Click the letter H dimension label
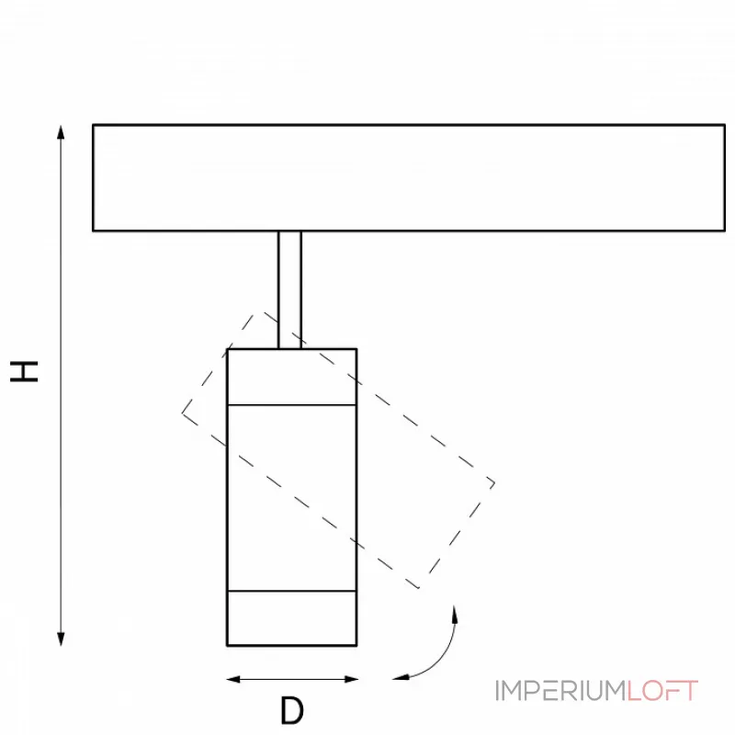(24, 372)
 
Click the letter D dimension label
(292, 710)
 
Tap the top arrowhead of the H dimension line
(61, 132)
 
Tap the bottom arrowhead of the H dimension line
(61, 639)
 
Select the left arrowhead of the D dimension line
(233, 679)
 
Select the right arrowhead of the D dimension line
(351, 679)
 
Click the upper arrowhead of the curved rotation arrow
(454, 614)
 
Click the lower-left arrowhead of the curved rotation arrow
(401, 677)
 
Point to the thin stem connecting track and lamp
(289, 289)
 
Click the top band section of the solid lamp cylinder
(292, 377)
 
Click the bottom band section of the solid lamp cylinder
(292, 618)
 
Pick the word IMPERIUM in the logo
(560, 691)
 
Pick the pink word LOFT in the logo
(662, 691)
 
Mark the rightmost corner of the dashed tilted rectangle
(495, 483)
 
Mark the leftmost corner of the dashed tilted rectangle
(182, 413)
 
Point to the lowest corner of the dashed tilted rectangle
(419, 588)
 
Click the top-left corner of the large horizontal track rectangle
(94, 125)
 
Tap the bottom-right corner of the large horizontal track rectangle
(725, 231)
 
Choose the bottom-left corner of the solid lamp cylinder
(227, 646)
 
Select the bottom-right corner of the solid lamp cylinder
(356, 646)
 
